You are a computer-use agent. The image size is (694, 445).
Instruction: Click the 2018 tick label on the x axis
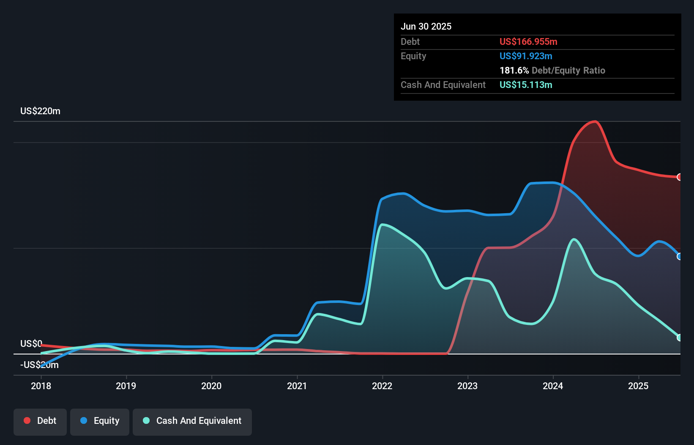coord(41,386)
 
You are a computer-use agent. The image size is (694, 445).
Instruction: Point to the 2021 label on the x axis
coord(297,386)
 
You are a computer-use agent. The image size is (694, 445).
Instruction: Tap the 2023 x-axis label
coord(467,386)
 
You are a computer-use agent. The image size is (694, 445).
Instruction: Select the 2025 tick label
coord(638,386)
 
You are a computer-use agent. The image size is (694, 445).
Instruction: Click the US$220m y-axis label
coord(40,111)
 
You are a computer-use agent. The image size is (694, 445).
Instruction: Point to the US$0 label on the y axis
coord(31,343)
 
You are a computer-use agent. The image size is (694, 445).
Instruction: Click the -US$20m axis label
coord(39,365)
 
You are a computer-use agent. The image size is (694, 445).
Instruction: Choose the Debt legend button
coord(40,421)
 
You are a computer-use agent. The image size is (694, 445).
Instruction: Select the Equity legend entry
coord(100,421)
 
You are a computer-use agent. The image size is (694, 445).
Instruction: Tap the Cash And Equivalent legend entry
coord(192,421)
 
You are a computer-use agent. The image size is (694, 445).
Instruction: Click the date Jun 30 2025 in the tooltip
coord(426,27)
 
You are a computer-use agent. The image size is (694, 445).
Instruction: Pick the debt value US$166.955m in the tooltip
coord(528,42)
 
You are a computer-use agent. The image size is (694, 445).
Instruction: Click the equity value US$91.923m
coord(526,56)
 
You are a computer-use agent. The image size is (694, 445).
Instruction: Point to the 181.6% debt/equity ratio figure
coord(514,71)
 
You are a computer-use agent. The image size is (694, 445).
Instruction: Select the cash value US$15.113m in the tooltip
coord(526,85)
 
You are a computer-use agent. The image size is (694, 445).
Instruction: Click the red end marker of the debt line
coord(679,177)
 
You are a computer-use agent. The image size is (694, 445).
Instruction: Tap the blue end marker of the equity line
coord(679,256)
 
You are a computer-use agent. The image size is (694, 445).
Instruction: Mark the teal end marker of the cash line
coord(679,338)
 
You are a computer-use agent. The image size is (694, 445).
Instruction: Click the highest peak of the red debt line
coord(595,122)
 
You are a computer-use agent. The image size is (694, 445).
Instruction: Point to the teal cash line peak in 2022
coord(383,225)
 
